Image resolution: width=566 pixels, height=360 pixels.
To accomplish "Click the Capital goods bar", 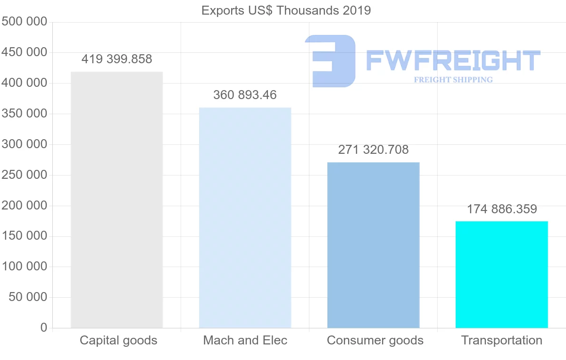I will (117, 200).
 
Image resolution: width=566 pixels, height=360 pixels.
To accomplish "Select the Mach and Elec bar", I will (245, 218).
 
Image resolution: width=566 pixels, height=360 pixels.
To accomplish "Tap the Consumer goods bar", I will (373, 245).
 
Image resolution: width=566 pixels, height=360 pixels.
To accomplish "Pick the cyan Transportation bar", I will (501, 274).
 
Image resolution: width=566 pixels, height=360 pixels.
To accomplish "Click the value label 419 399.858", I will (117, 59).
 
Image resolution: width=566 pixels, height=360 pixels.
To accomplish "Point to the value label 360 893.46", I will (245, 95).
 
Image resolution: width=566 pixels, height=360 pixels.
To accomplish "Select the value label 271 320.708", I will (373, 150).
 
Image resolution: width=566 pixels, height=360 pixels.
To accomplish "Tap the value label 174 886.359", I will (502, 209).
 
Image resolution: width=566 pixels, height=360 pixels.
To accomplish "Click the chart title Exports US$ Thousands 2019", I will (286, 10).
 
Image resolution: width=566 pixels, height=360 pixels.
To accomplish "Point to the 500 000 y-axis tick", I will (25, 22).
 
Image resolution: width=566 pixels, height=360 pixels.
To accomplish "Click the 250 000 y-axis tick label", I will (25, 175).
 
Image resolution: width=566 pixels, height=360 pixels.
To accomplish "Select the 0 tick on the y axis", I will (44, 327).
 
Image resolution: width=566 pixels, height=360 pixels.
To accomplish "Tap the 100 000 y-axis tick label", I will (25, 267).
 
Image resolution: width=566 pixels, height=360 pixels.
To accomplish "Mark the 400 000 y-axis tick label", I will (25, 83).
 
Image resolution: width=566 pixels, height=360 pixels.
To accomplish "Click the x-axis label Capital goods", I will (118, 340).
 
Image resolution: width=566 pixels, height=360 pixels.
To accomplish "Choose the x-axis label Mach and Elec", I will (245, 340).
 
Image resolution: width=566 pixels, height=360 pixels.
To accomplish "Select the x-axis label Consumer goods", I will (375, 340).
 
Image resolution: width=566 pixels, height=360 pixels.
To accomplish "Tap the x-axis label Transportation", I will (501, 340).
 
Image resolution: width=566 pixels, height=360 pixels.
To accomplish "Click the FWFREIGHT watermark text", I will (453, 60).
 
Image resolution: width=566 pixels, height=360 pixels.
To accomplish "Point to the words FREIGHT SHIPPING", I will (453, 80).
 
